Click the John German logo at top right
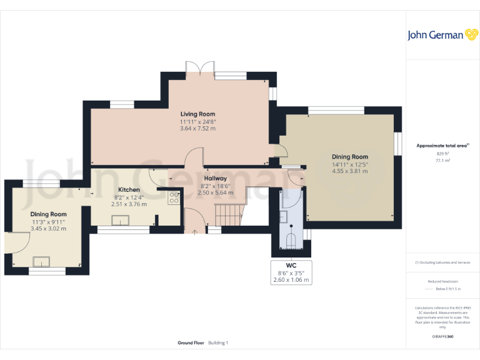(442, 35)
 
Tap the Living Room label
(197, 114)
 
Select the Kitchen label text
(129, 190)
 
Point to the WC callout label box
(291, 272)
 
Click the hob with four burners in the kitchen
(174, 198)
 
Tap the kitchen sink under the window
(120, 219)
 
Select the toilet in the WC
(291, 240)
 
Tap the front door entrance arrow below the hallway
(194, 233)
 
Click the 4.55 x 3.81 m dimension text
(349, 171)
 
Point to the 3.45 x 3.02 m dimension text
(49, 229)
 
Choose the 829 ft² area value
(442, 153)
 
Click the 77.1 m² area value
(442, 161)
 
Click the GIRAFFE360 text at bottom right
(442, 337)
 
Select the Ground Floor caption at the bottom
(191, 343)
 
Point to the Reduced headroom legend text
(442, 282)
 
